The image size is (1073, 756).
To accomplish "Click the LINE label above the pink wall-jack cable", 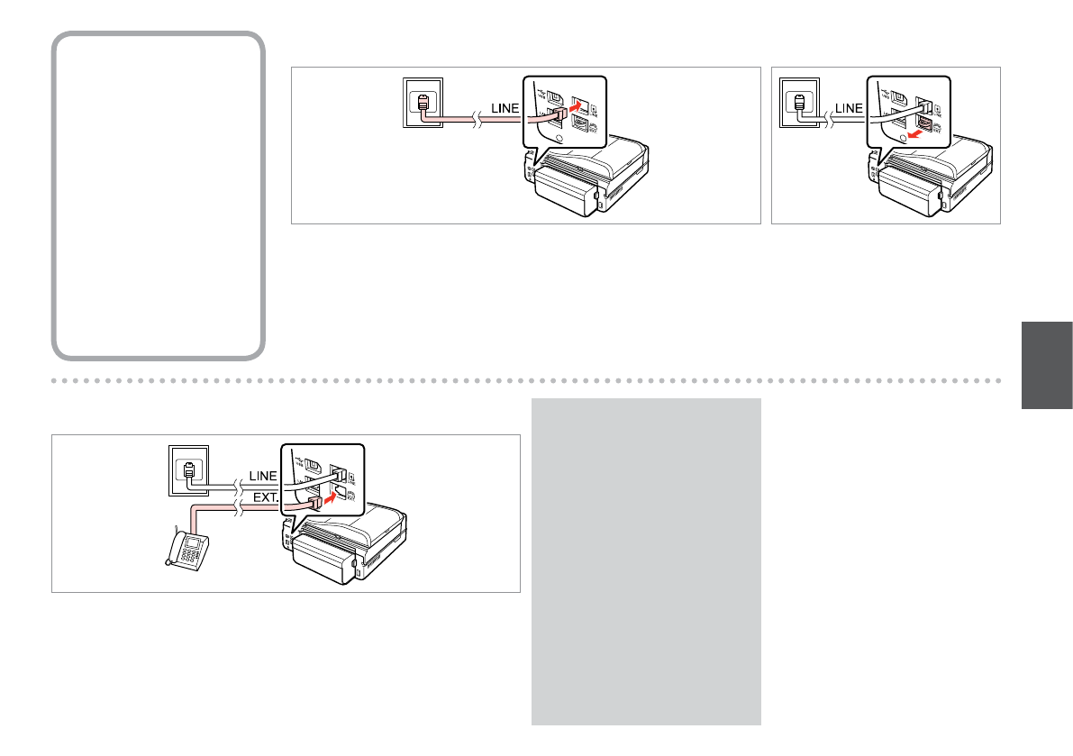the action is point(505,108).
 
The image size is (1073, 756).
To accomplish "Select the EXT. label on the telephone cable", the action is point(263,496).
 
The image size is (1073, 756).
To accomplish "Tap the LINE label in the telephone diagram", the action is point(263,475).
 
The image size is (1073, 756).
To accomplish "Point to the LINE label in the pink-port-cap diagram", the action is point(849,108).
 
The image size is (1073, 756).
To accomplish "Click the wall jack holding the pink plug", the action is point(422,104).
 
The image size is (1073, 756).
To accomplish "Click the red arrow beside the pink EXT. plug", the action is point(336,494).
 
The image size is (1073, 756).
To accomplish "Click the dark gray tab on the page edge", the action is point(1047,365).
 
